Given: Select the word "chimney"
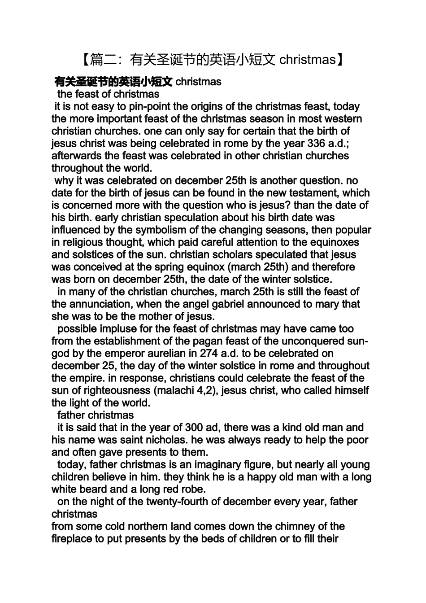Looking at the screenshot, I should click(x=296, y=526).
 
